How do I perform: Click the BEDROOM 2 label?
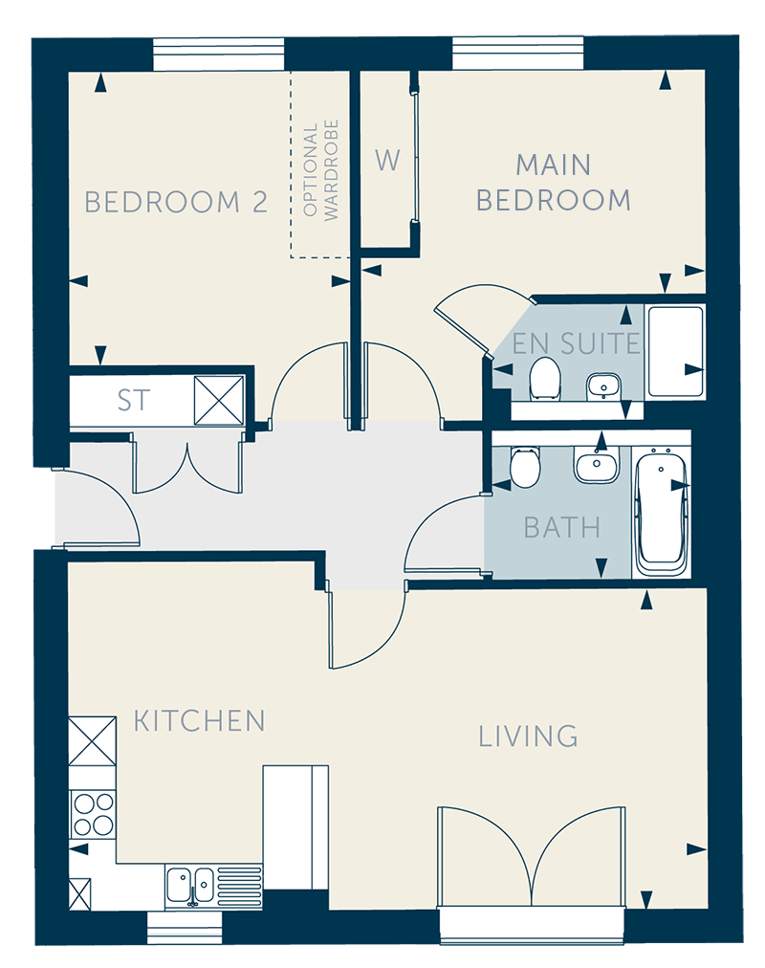pos(176,203)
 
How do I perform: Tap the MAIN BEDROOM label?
pos(554,183)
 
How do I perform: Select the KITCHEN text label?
pos(199,721)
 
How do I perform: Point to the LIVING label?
pos(528,736)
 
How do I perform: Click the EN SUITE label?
pos(577,343)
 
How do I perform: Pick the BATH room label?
pos(561,528)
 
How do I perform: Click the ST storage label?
pos(134,401)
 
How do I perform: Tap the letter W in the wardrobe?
pos(387,161)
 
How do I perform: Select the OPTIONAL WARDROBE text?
pos(320,170)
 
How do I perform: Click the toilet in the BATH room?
pos(525,467)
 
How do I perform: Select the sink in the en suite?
pos(603,386)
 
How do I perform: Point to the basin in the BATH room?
pos(596,464)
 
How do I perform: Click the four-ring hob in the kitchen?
pos(93,814)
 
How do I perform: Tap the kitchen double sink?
pos(190,886)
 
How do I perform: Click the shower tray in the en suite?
pos(675,352)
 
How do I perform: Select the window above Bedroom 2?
pos(219,55)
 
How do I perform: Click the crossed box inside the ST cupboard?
pos(219,400)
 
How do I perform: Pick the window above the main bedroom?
pos(517,54)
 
